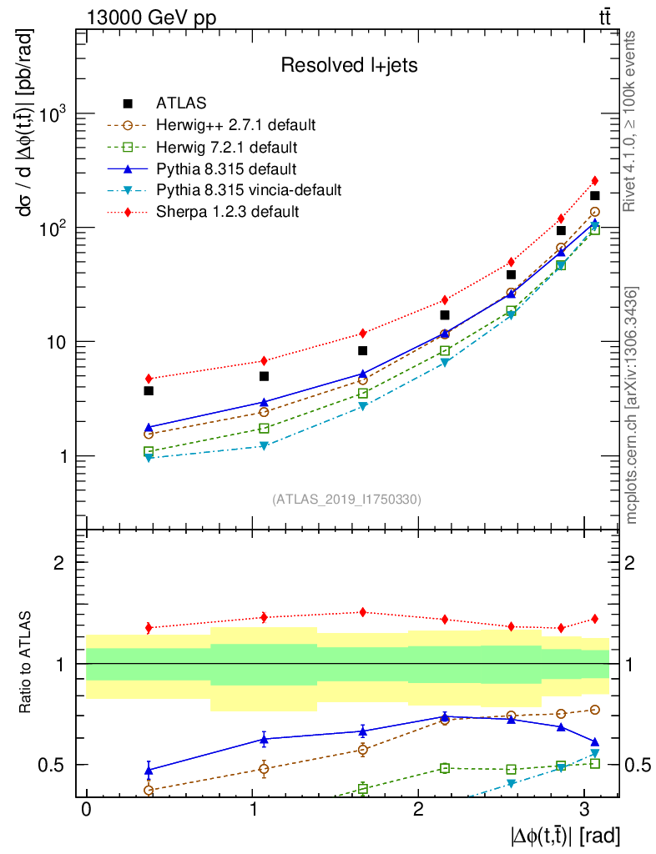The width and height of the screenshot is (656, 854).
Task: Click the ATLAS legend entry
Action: pos(181,103)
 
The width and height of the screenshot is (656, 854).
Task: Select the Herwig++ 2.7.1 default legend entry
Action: pos(235,125)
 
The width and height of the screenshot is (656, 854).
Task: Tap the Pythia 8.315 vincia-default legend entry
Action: pos(249,190)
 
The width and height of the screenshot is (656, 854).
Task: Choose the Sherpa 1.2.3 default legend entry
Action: pos(227,212)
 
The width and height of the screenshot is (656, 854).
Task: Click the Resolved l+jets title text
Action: pos(349,65)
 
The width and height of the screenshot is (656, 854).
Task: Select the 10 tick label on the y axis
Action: pos(57,342)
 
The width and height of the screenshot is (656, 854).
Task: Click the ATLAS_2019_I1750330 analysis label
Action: pos(346,500)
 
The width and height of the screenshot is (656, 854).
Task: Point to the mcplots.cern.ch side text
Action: pos(632,405)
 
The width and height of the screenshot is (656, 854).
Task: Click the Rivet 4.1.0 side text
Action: pos(632,121)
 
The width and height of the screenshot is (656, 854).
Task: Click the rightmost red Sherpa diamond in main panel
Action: pos(594,180)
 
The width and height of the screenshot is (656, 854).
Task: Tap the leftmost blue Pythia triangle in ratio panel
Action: pos(149,770)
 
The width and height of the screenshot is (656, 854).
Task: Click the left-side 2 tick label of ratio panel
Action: pos(60,563)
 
